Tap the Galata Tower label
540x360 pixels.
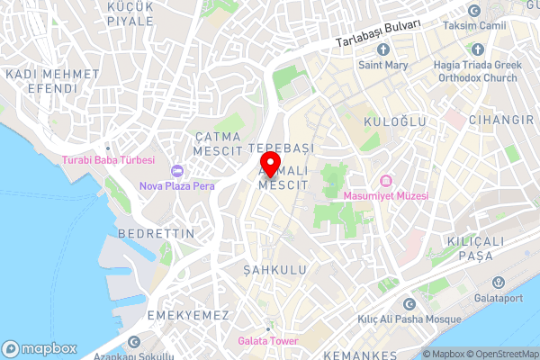[267, 341]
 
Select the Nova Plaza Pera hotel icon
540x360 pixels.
[176, 171]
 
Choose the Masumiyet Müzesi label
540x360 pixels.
[387, 195]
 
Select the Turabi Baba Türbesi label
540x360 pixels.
[108, 160]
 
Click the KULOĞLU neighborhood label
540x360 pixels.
[388, 120]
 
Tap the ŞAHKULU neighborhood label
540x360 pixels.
[275, 269]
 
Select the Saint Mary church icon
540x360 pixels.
[382, 51]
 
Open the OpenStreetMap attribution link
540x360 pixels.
[500, 354]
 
